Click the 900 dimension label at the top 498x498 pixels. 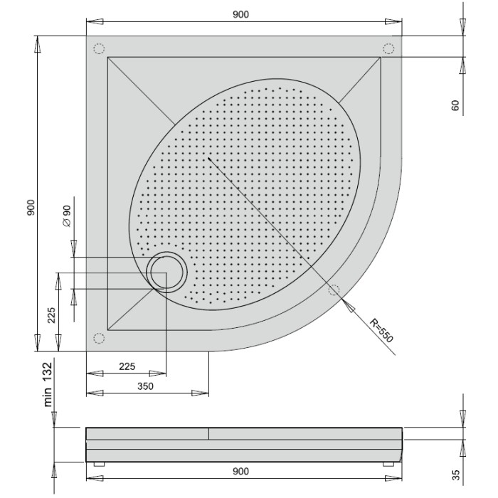pos(240,15)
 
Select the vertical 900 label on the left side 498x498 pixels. pos(31,208)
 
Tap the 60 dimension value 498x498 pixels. pos(455,106)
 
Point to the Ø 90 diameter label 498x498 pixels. pos(66,216)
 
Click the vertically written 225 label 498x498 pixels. pos(52,315)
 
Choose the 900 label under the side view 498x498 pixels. pos(240,472)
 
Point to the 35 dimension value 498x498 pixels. pos(455,475)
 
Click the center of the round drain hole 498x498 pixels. pos(167,271)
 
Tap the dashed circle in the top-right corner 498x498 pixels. pos(388,48)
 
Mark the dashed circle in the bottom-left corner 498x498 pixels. pos(99,338)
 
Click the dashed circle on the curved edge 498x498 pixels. pos(333,290)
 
